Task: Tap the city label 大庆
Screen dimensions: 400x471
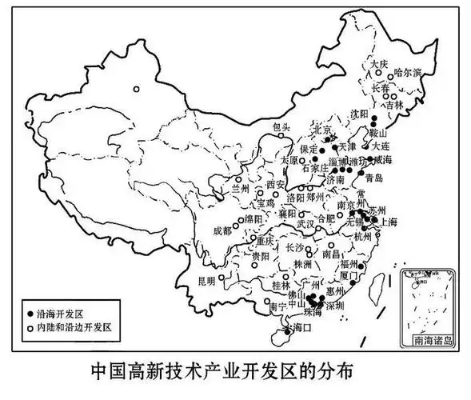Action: point(377,63)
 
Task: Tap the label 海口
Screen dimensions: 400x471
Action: point(300,329)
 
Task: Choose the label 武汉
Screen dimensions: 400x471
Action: point(305,225)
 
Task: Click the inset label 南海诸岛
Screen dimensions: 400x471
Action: point(431,340)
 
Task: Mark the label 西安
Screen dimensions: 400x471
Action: point(276,185)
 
